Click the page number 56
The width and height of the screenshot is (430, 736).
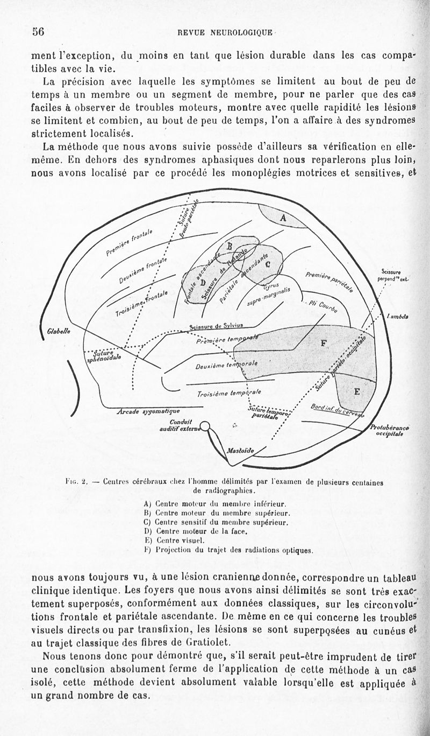pyautogui.click(x=38, y=31)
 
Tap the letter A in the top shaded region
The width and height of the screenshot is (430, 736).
pyautogui.click(x=283, y=218)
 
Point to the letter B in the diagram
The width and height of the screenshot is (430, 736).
pyautogui.click(x=230, y=246)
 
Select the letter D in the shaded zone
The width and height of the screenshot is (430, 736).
pyautogui.click(x=203, y=282)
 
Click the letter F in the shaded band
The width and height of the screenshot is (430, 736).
pyautogui.click(x=323, y=343)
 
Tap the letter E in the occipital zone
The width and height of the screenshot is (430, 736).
pyautogui.click(x=356, y=391)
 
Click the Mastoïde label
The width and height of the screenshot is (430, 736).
pyautogui.click(x=240, y=450)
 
